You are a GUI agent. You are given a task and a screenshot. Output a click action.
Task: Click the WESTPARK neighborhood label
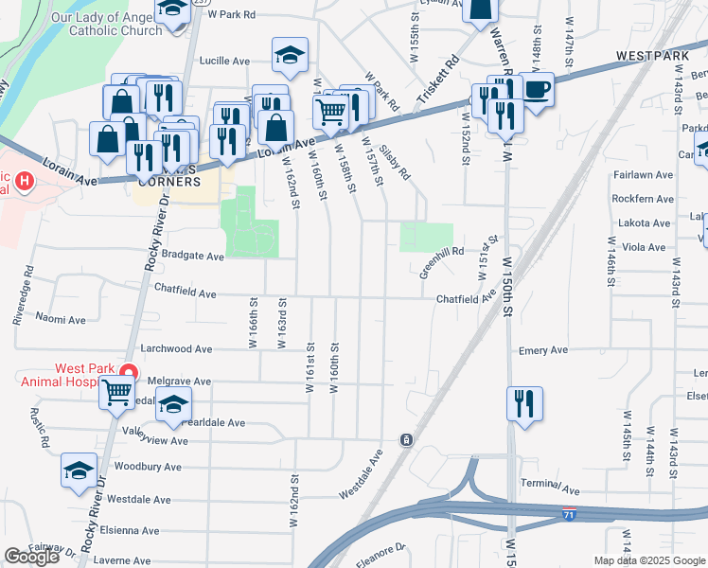coord(652,57)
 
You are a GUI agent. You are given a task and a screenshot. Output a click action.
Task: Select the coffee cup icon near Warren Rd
coord(537,91)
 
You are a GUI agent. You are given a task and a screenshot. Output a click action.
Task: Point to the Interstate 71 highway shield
coord(567,514)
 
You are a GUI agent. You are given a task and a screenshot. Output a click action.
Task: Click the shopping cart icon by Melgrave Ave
coord(116,390)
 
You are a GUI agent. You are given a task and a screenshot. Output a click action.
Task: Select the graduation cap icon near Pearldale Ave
coord(173,404)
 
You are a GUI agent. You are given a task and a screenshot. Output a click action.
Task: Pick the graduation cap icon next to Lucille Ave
coord(290,56)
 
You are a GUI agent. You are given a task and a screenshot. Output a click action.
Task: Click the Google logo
coord(31,557)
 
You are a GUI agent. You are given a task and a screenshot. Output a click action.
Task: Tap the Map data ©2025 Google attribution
coord(648,560)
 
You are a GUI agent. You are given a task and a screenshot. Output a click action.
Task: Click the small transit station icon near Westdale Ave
coord(406,440)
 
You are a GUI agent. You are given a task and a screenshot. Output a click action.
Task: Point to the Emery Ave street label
coord(542,350)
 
